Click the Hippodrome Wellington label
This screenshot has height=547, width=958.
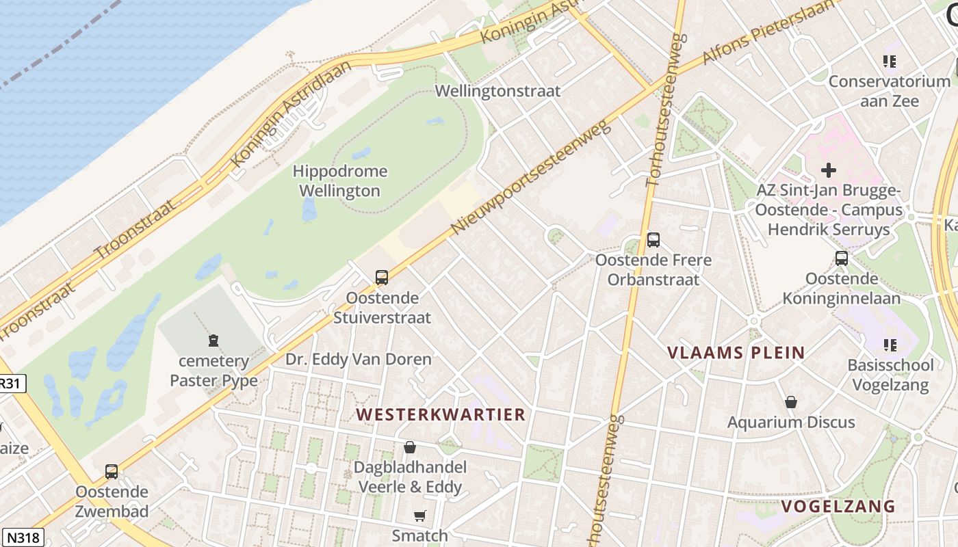(x=339, y=181)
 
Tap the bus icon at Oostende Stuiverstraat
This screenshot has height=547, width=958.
(x=382, y=278)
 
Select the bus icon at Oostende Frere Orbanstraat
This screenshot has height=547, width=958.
(x=653, y=240)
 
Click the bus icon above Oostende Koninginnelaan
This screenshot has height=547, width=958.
(x=842, y=258)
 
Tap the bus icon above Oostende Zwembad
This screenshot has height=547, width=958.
(x=111, y=471)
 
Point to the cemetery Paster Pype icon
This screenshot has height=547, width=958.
(x=213, y=340)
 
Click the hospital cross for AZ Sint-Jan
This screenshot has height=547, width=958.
(x=829, y=170)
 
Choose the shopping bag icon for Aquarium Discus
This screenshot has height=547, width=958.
(x=791, y=402)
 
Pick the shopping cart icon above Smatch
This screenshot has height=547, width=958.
(x=419, y=516)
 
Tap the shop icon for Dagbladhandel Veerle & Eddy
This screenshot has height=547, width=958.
(x=409, y=447)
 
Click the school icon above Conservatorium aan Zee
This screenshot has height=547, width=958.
(x=890, y=62)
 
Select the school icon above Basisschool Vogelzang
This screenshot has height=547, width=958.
(x=890, y=345)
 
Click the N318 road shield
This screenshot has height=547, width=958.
(x=22, y=537)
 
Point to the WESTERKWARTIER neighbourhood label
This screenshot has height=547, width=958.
(x=441, y=414)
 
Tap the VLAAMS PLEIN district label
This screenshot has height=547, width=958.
(x=736, y=353)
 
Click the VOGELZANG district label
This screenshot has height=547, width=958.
(x=838, y=507)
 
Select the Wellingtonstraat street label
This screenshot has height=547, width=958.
(x=497, y=91)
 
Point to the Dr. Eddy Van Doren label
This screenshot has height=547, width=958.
(x=359, y=359)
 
